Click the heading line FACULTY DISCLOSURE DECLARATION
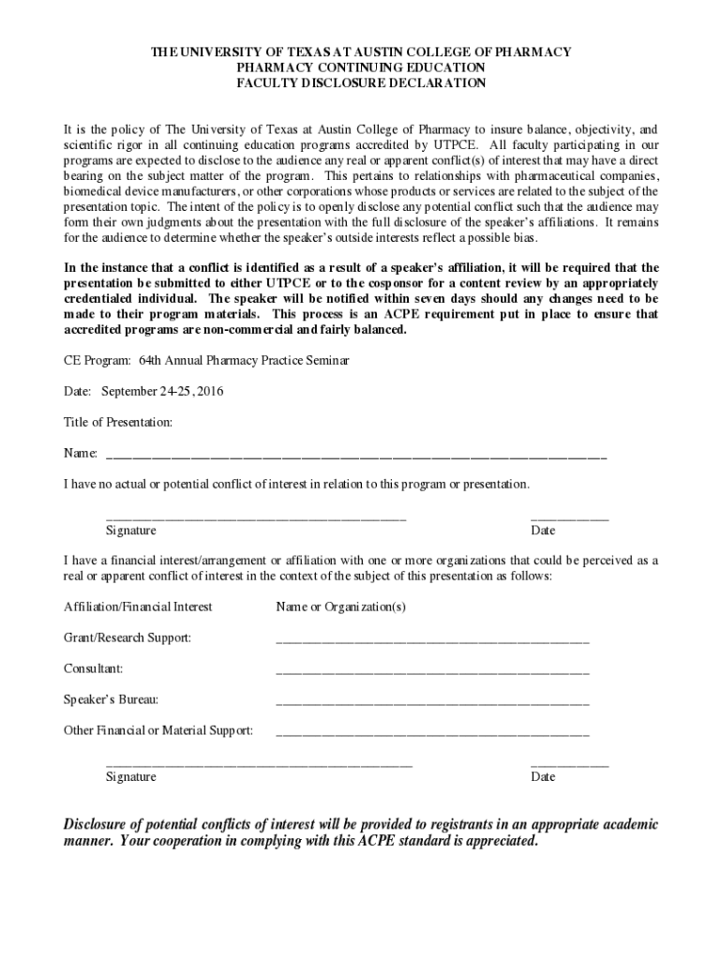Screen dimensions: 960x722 [361, 83]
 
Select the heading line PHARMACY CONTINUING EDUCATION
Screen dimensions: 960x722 [361, 67]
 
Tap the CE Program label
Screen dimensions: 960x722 [98, 360]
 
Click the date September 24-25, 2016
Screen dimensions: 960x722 [163, 391]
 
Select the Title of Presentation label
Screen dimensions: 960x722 [118, 423]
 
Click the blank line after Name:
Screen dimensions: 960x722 [356, 456]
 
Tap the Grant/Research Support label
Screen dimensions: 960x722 [128, 638]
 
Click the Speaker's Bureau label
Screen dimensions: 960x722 [111, 700]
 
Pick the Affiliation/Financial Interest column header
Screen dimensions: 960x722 [138, 607]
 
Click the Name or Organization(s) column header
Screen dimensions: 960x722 [340, 607]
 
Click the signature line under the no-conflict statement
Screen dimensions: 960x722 [256, 517]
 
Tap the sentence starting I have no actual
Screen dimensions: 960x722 [296, 485]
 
